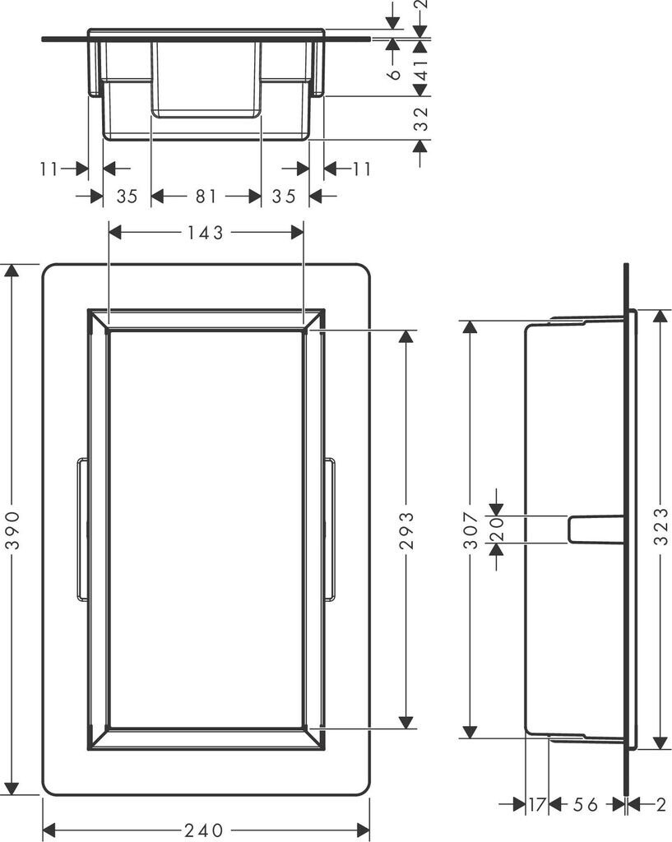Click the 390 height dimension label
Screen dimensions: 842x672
[x=12, y=530]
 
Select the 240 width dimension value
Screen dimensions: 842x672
[x=204, y=830]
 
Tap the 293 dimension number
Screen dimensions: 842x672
[x=406, y=530]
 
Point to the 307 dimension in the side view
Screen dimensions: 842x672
[x=470, y=530]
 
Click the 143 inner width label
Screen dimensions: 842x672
[x=206, y=233]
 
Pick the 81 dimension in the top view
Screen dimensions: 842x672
[x=206, y=196]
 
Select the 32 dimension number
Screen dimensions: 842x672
[x=420, y=119]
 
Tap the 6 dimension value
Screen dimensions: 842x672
[x=395, y=74]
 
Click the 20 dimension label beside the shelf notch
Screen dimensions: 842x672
[x=496, y=530]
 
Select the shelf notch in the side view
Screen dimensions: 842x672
[x=594, y=529]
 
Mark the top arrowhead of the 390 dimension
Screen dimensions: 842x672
[x=12, y=272]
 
